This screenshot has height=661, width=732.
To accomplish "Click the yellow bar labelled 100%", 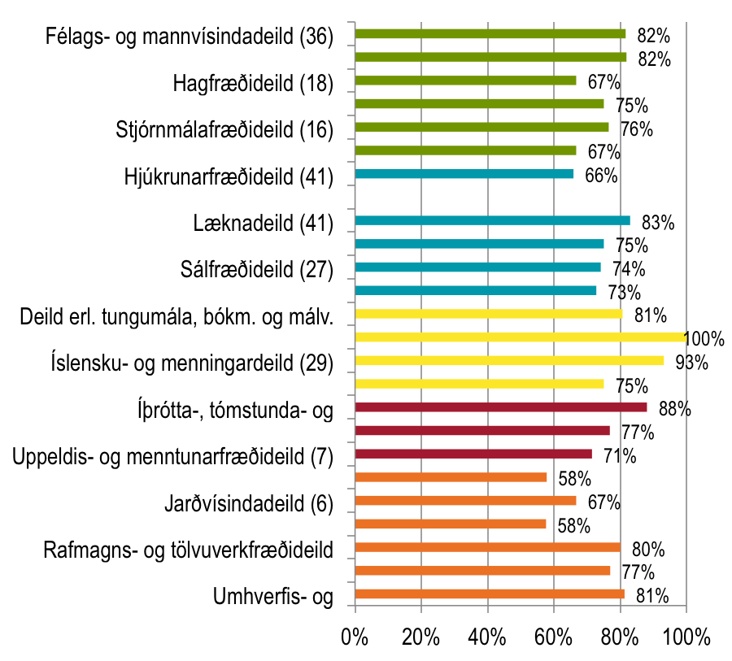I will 521,337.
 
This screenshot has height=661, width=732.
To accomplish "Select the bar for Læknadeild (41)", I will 493,220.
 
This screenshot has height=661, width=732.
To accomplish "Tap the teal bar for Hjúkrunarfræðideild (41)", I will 464,174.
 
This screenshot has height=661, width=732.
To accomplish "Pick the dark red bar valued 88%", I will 501,407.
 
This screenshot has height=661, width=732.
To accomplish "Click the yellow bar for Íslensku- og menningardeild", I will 509,360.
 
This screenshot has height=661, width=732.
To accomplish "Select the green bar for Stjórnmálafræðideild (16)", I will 481,127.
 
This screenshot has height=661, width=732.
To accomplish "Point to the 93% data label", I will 692,362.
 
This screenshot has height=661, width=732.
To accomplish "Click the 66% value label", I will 601,176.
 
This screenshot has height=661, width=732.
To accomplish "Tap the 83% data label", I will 657,223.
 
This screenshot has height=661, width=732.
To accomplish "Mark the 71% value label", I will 620,455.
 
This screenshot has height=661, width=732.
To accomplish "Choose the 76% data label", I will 637,129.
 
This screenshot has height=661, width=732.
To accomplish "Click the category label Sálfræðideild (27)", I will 256,271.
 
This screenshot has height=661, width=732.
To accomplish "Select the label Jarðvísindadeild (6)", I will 249,504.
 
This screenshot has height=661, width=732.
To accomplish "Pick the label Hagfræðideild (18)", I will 253,84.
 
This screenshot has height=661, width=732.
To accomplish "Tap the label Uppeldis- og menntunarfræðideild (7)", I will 173,458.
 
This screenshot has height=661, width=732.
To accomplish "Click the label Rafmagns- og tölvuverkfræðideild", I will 189,551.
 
